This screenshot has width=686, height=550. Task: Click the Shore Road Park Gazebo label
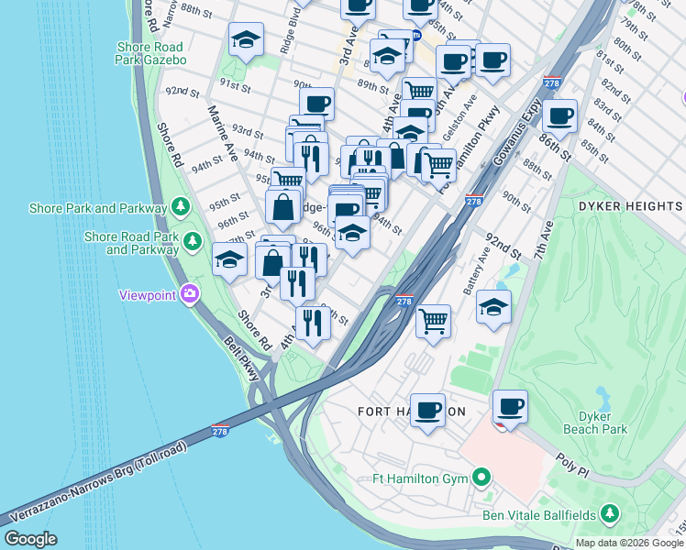coord(150,53)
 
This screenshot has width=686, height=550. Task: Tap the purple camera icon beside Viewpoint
coord(190,294)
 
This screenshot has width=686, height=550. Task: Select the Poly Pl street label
coord(570,467)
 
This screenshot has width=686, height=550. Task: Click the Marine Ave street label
coord(223,133)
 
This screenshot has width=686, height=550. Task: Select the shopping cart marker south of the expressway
coord(433,321)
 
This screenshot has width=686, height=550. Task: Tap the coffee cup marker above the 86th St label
coord(559,116)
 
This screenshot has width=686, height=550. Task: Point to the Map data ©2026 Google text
coord(629,543)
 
